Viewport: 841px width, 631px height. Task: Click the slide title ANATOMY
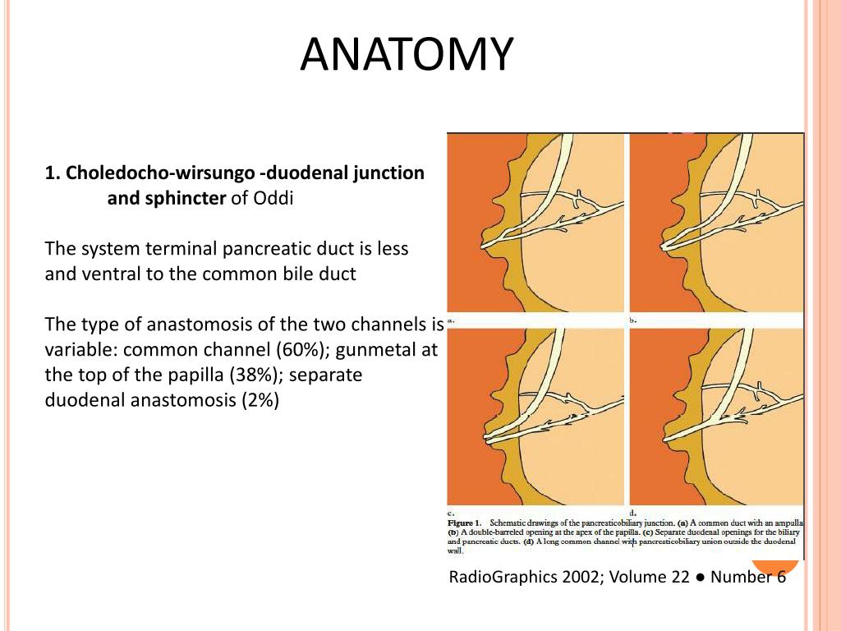coord(407,54)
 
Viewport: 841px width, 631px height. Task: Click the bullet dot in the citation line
coord(700,577)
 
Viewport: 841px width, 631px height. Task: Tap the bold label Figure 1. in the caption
coord(464,523)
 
